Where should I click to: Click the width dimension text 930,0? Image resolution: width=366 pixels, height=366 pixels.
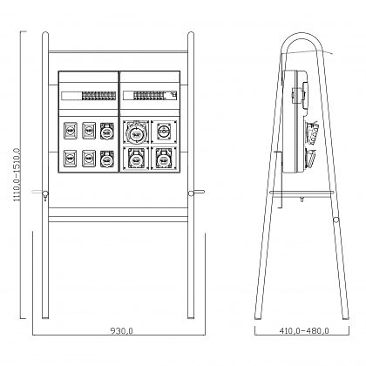(121, 330)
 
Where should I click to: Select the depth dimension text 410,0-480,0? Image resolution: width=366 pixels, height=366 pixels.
(304, 330)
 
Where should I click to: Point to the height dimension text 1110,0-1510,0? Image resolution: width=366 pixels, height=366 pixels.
(17, 175)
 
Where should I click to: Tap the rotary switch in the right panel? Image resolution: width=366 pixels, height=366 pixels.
(164, 132)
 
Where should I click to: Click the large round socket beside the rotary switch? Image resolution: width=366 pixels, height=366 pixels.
(135, 132)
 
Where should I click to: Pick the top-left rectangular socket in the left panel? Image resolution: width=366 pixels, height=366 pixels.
(71, 131)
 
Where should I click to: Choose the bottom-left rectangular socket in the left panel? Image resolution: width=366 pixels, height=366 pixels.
(71, 159)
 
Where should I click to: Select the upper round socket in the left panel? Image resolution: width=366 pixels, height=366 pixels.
(107, 131)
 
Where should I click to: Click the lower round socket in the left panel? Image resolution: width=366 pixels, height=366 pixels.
(107, 159)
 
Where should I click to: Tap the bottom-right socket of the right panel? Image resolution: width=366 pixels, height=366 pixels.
(164, 159)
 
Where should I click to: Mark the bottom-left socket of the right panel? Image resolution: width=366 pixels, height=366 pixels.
(136, 159)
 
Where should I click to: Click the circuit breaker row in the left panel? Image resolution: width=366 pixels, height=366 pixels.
(99, 96)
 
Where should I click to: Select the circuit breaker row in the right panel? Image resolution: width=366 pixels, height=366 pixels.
(149, 95)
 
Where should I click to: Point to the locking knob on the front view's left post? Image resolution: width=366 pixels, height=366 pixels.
(45, 194)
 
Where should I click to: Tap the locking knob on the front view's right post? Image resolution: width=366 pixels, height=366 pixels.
(191, 193)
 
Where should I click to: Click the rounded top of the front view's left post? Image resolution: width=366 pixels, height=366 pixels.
(45, 34)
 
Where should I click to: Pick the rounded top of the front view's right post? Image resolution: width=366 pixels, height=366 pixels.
(191, 34)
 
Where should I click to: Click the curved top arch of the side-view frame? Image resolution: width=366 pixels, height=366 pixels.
(302, 34)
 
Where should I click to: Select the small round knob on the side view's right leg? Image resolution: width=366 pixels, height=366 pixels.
(336, 220)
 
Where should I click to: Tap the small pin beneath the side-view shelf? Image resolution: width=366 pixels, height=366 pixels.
(302, 200)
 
